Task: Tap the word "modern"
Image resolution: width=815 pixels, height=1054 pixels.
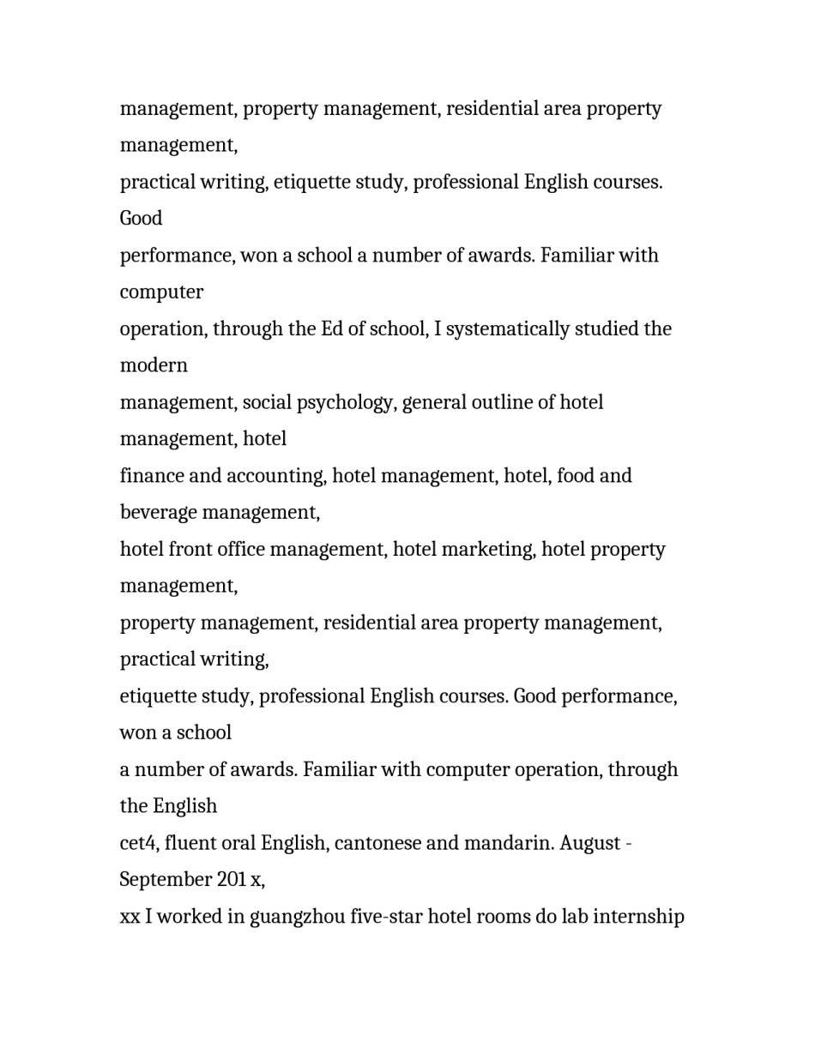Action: pyautogui.click(x=154, y=365)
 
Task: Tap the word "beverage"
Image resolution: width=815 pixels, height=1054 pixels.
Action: pyautogui.click(x=159, y=513)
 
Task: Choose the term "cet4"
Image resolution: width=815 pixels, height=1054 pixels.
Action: pyautogui.click(x=138, y=843)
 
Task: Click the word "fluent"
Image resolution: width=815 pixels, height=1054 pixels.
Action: pyautogui.click(x=190, y=843)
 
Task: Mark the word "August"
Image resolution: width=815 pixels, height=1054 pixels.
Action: pyautogui.click(x=590, y=843)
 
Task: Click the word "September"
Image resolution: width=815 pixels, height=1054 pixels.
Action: pyautogui.click(x=160, y=880)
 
